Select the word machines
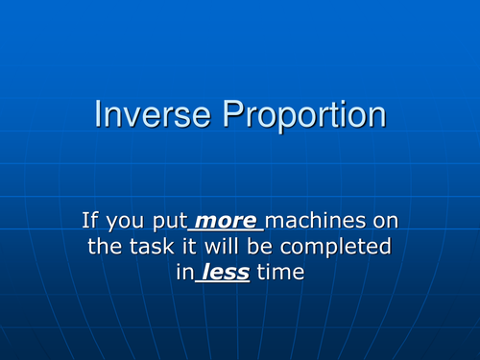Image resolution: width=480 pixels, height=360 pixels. click(x=317, y=222)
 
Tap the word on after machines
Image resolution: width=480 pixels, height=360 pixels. click(x=383, y=222)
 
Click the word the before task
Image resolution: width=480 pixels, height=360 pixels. click(x=104, y=247)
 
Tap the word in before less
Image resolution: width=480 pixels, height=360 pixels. click(x=184, y=273)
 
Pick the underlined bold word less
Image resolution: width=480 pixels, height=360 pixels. click(x=225, y=273)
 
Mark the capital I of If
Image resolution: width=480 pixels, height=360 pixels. click(x=85, y=222)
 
